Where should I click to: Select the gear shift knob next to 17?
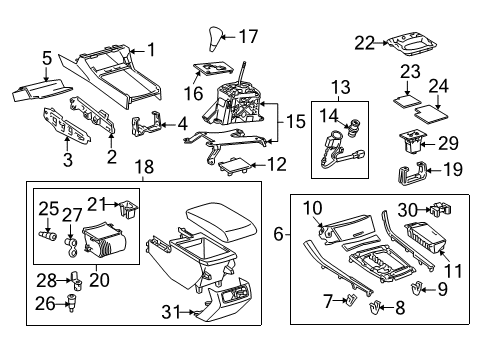(x=215, y=41)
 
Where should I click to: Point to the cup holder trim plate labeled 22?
(x=414, y=45)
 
